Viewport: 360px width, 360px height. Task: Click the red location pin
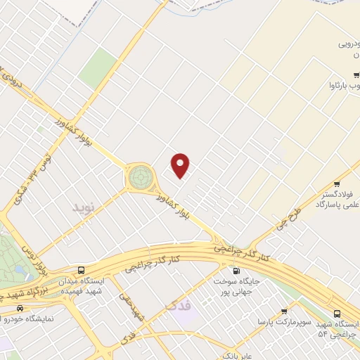tap(181, 165)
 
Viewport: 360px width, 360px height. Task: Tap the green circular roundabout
tap(139, 176)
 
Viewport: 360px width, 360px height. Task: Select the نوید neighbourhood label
tap(82, 207)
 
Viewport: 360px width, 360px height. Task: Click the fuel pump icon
tap(236, 271)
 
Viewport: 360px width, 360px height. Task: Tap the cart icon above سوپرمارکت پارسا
tap(284, 311)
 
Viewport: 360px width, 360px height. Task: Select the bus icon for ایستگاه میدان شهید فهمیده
tap(82, 270)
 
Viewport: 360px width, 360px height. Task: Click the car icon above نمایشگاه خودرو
tap(20, 308)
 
